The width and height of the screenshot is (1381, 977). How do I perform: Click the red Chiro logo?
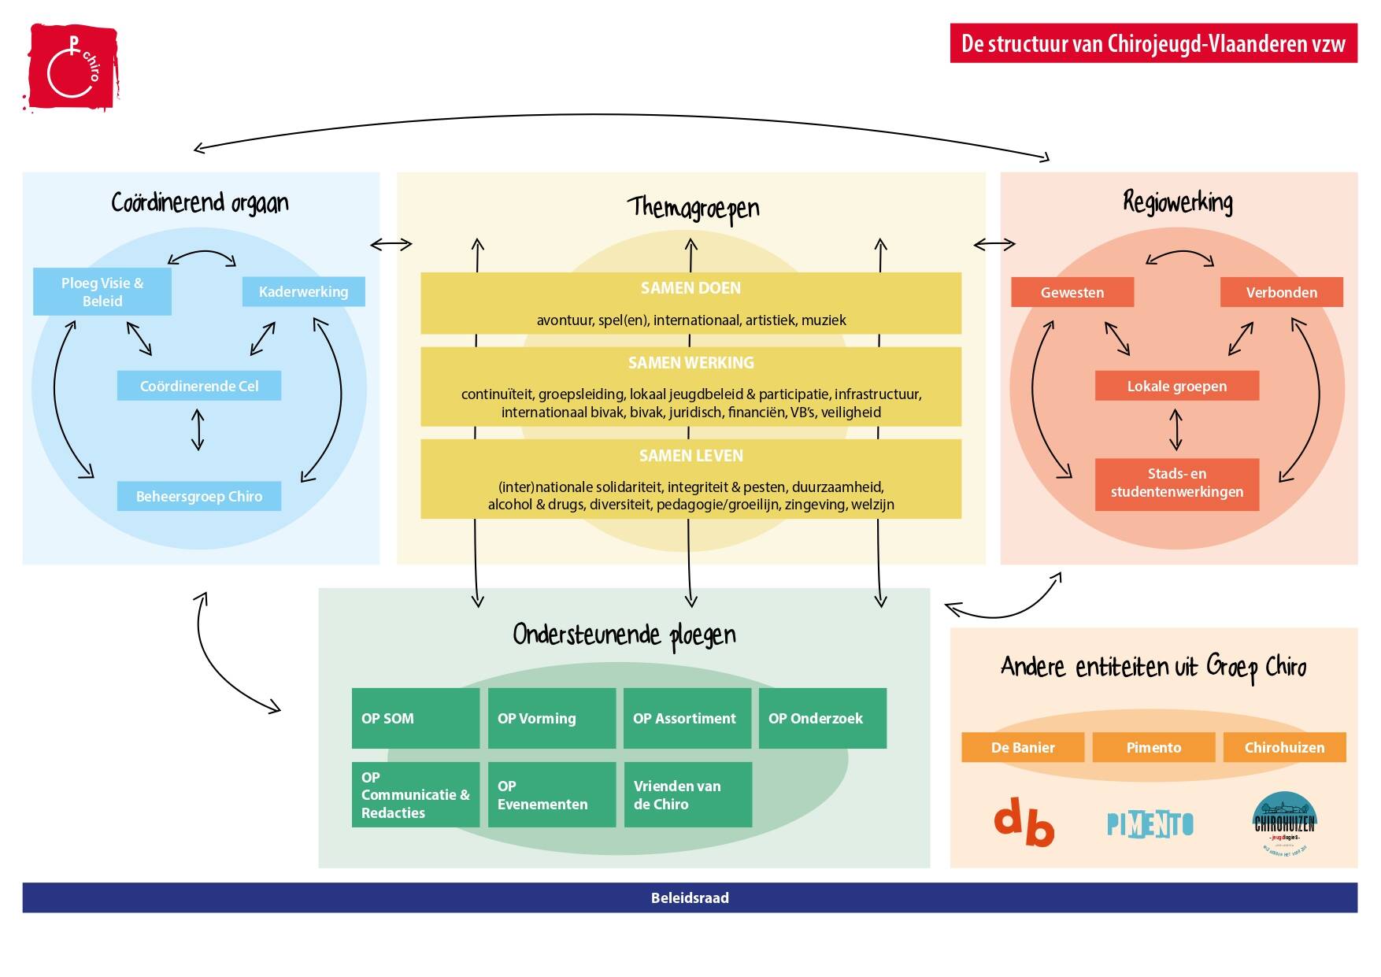[72, 67]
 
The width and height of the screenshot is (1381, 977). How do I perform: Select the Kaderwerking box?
[303, 291]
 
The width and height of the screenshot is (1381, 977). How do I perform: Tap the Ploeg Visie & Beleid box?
[102, 292]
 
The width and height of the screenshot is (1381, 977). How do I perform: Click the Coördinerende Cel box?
[199, 386]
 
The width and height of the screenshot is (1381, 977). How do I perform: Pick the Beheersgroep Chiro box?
[199, 496]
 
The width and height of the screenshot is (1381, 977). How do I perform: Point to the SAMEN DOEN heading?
[690, 288]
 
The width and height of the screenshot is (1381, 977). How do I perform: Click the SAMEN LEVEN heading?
[690, 456]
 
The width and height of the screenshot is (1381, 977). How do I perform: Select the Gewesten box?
[1072, 292]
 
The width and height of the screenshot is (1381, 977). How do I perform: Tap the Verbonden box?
[1281, 292]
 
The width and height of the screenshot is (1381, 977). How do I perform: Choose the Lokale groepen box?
[1176, 386]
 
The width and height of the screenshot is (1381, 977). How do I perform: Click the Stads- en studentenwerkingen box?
[1176, 483]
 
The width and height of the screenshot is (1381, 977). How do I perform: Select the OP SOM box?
[415, 718]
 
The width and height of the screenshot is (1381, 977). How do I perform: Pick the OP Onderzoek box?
[822, 718]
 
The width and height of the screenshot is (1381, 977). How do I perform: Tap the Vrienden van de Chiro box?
[687, 794]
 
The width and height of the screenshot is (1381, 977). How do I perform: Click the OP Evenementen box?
[551, 794]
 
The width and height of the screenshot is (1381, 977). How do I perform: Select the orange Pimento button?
[1153, 747]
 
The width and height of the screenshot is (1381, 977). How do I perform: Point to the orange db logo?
[1024, 823]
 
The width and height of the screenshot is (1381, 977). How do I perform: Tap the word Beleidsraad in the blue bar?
[690, 897]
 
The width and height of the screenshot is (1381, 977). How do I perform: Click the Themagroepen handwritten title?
[693, 208]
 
